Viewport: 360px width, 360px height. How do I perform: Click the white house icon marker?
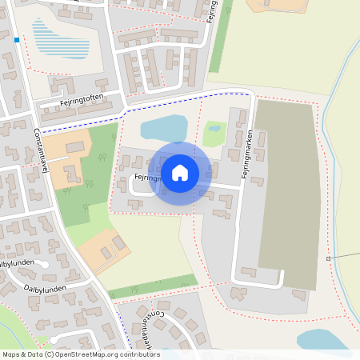click(x=180, y=172)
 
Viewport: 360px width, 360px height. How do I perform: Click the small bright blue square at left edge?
click(x=17, y=38)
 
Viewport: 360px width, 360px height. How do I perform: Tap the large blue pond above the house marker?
click(x=165, y=127)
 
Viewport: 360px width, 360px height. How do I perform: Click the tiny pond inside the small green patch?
click(x=214, y=128)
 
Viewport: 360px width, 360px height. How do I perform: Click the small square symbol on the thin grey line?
click(x=328, y=258)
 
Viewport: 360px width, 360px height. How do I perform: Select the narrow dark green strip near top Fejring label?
click(x=218, y=40)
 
